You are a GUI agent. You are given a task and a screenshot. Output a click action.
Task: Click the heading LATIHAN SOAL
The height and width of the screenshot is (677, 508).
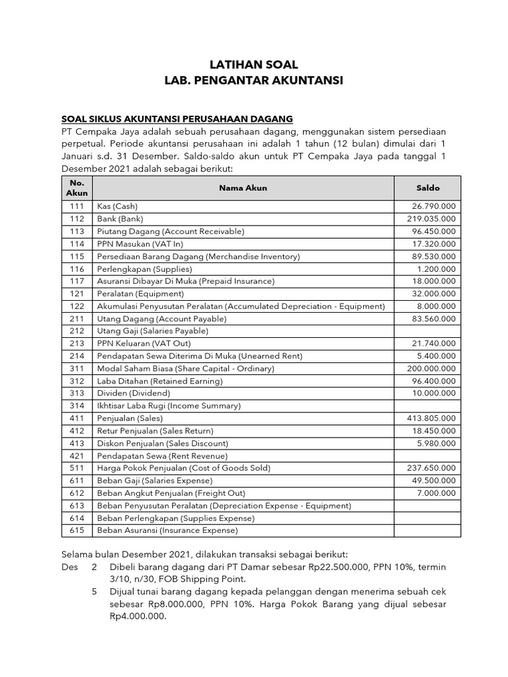[x=254, y=65]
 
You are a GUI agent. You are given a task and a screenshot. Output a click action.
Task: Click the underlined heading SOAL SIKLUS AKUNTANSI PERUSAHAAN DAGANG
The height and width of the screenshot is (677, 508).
[x=177, y=119]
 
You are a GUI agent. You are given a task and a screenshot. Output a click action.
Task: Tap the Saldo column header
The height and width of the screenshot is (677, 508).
[x=428, y=188]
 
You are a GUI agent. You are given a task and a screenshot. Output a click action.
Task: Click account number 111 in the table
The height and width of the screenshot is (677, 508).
[x=77, y=206]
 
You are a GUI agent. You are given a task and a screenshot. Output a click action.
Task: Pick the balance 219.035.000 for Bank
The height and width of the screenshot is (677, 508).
[x=431, y=219]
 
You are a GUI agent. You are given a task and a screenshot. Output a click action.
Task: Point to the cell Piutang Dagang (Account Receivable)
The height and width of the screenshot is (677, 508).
[x=171, y=231]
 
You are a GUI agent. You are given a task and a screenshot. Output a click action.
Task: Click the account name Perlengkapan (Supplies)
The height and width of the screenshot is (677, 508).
[x=144, y=268]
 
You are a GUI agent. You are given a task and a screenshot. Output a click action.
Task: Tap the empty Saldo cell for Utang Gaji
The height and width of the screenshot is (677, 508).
[x=428, y=331]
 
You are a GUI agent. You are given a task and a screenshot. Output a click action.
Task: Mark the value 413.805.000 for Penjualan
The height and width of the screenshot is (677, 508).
[x=431, y=418]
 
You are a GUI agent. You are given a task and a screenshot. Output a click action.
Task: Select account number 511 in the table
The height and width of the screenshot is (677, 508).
[x=77, y=467]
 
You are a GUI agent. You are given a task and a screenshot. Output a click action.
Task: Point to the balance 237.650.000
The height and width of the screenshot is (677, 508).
[x=431, y=467]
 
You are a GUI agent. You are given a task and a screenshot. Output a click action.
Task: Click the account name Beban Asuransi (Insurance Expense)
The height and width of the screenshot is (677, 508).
[x=167, y=530]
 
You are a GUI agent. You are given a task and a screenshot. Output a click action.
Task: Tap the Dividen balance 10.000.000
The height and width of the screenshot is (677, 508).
[x=433, y=393]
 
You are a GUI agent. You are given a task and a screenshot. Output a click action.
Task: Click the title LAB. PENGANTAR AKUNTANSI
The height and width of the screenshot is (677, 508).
[x=254, y=81]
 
